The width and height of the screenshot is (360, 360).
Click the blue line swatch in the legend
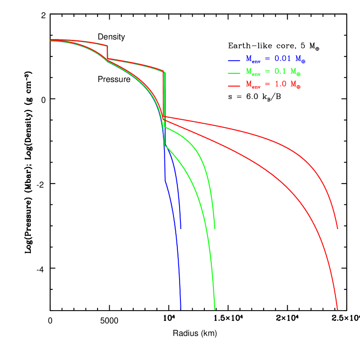(234, 60)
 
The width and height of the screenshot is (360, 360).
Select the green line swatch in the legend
(234, 72)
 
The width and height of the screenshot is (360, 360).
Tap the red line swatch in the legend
(234, 86)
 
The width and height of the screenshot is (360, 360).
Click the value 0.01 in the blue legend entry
(285, 59)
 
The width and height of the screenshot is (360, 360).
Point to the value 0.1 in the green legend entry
(280, 71)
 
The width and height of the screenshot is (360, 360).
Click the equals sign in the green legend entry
(267, 72)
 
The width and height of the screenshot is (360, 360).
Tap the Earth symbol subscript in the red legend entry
(299, 87)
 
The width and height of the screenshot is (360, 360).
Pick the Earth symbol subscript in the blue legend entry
(304, 61)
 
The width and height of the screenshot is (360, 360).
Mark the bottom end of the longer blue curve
(180, 308)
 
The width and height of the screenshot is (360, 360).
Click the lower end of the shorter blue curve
(180, 229)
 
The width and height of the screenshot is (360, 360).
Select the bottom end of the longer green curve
(215, 309)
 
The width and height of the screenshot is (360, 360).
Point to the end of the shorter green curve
(215, 228)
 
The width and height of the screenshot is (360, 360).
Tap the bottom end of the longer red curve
(337, 309)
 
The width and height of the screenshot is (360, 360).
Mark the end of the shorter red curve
(337, 229)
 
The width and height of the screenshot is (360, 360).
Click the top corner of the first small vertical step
(107, 46)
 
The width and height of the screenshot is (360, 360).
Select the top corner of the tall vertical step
(164, 72)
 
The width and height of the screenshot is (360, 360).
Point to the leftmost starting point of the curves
(51, 40)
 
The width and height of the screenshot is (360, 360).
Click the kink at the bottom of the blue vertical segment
(165, 180)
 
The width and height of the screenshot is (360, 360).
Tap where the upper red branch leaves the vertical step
(164, 117)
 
